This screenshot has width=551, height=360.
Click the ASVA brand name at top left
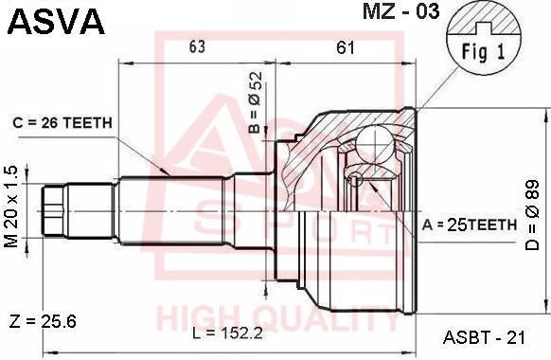pos(56,22)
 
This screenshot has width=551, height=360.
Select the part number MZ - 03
pos(401,12)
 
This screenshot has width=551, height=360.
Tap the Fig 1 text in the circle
pos(483,52)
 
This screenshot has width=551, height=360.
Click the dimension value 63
pos(197,46)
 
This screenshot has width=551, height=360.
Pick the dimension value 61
pos(346,47)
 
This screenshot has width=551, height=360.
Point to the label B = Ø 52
pos(256,102)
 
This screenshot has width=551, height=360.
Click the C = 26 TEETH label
pos(62,123)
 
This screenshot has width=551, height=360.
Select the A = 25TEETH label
pos(470,225)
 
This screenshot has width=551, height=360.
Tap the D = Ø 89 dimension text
pos(532,215)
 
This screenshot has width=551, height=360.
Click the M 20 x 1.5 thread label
pos(11,207)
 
